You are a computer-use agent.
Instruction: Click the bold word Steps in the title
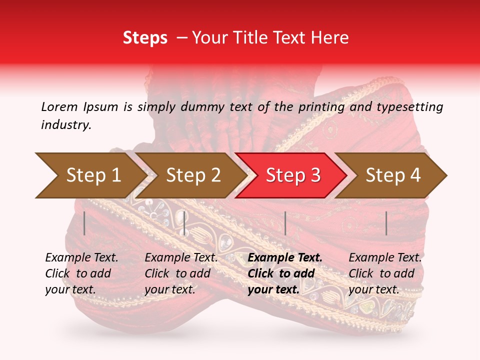pyautogui.click(x=145, y=37)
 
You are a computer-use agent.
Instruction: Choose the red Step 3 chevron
pyautogui.click(x=292, y=175)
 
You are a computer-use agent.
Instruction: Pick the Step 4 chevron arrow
pyautogui.click(x=392, y=175)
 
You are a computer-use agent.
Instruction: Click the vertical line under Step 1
pyautogui.click(x=84, y=223)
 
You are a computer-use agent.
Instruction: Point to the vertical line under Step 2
pyautogui.click(x=184, y=223)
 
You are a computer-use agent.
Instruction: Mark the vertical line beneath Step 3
pyautogui.click(x=285, y=223)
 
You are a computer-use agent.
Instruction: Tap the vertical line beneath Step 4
pyautogui.click(x=386, y=223)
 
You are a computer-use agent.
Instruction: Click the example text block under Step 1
pyautogui.click(x=81, y=273)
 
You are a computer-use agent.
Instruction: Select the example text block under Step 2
pyautogui.click(x=181, y=273)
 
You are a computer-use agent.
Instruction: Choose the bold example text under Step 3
pyautogui.click(x=285, y=273)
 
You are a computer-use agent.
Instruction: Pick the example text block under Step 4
pyautogui.click(x=385, y=273)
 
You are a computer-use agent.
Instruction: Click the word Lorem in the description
pyautogui.click(x=59, y=106)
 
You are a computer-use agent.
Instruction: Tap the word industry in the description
pyautogui.click(x=66, y=125)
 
